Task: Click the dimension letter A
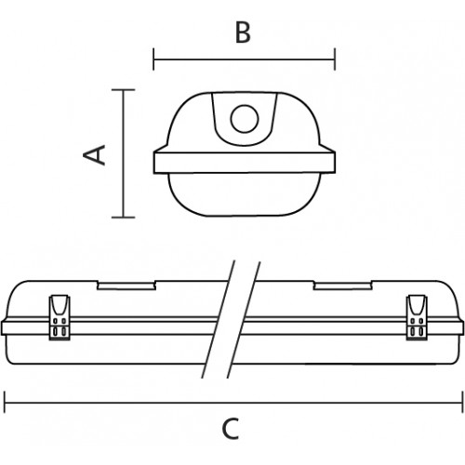(95, 154)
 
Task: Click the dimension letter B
(243, 33)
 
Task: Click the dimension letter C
(231, 429)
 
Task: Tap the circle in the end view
(245, 119)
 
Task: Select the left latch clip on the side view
(60, 317)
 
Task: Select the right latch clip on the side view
(417, 317)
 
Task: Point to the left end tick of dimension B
(153, 59)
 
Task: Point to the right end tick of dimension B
(335, 59)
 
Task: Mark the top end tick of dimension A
(124, 89)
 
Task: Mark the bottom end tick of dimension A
(124, 217)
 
